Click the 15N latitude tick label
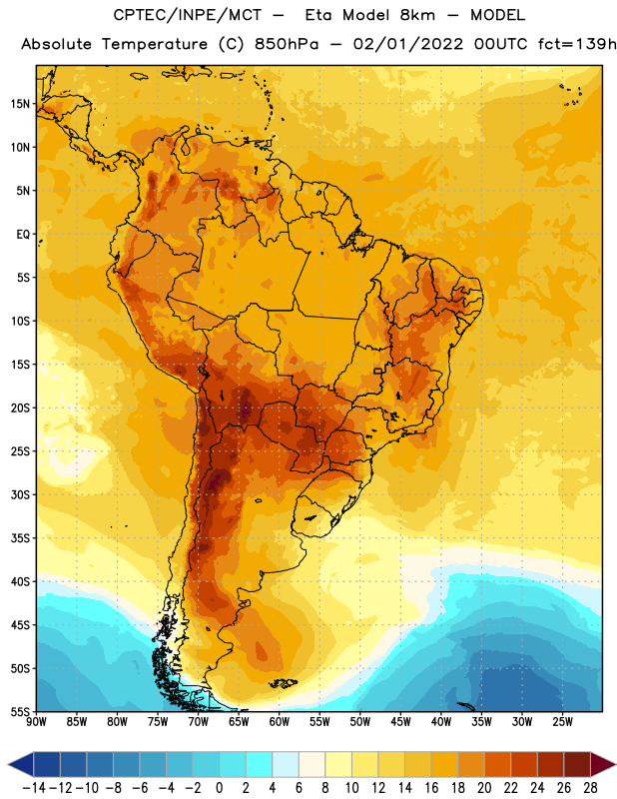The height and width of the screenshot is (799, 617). [x=20, y=104]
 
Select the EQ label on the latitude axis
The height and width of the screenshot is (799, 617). [x=23, y=235]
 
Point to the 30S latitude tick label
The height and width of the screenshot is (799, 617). [x=20, y=494]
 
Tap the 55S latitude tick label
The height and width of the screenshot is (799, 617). [x=20, y=712]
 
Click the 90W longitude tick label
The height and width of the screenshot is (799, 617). [x=36, y=722]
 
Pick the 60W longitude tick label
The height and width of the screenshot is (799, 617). [x=280, y=722]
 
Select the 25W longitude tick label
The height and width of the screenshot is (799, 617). [x=562, y=722]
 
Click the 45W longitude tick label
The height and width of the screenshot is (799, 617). [x=400, y=722]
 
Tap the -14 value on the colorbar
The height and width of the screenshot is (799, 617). [x=34, y=788]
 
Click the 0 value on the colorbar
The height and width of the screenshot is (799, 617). [x=219, y=788]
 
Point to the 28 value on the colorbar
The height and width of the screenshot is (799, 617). [x=590, y=788]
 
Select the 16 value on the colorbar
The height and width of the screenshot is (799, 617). [x=431, y=788]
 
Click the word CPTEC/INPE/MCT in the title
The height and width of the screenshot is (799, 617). [x=187, y=15]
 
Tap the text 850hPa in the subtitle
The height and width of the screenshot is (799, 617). [x=287, y=44]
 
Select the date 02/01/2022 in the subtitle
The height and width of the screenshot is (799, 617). [x=408, y=44]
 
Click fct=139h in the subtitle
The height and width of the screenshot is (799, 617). [x=577, y=44]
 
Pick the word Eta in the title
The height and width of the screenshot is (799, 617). [x=318, y=15]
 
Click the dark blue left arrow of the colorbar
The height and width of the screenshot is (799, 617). [x=20, y=764]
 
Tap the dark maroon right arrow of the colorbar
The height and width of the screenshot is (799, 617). [x=603, y=764]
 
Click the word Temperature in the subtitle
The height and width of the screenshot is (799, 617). [x=155, y=45]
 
